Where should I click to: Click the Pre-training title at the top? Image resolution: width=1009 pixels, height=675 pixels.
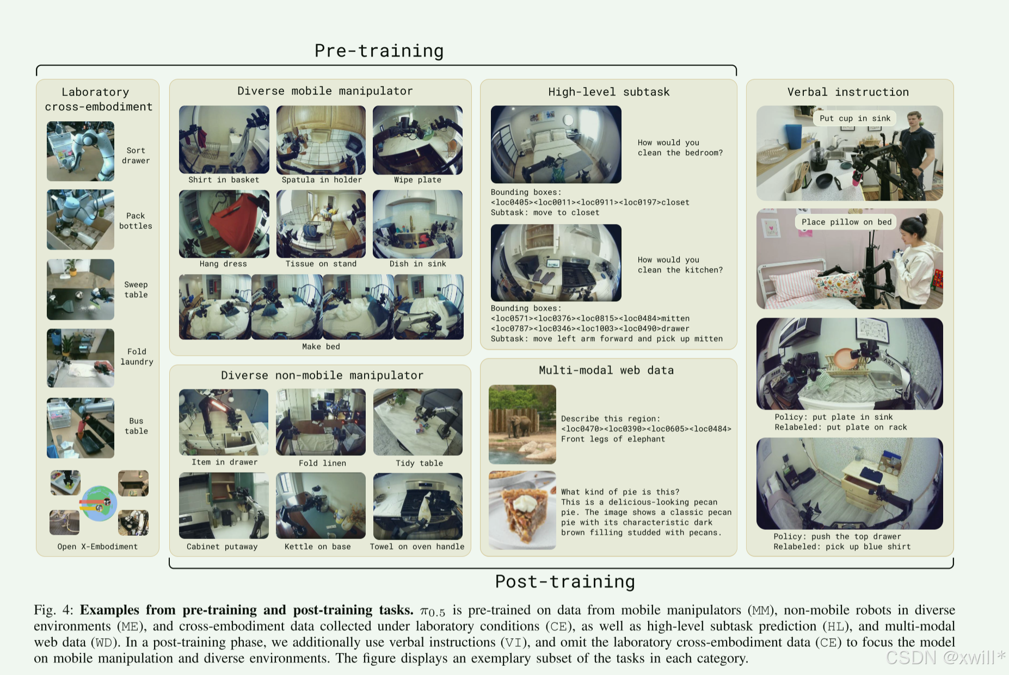[379, 51]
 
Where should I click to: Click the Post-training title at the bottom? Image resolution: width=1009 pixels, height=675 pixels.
[565, 581]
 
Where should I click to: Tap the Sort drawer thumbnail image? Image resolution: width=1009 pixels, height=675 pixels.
[81, 151]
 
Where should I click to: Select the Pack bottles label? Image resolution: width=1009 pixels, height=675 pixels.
[136, 221]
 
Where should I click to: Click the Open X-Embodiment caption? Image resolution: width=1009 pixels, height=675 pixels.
[97, 546]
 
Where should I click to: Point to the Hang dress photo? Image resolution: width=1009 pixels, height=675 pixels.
[224, 224]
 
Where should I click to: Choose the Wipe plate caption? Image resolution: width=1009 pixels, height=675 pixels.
[417, 179]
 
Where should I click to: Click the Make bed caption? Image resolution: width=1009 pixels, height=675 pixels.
[321, 346]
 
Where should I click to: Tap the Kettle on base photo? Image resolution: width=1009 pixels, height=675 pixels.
[321, 506]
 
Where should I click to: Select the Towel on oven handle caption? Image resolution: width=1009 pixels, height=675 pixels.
[417, 546]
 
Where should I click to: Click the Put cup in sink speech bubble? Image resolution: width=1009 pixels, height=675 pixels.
[855, 118]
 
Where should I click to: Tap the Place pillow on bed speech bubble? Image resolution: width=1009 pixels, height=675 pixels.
[846, 222]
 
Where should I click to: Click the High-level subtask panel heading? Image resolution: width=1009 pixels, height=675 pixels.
[608, 92]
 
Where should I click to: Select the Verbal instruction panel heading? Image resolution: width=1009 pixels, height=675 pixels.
[848, 92]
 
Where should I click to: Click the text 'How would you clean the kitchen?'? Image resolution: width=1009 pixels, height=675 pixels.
[680, 265]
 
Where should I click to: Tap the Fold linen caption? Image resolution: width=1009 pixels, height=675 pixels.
[322, 463]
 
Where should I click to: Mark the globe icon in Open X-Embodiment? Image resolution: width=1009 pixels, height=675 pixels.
[99, 504]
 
